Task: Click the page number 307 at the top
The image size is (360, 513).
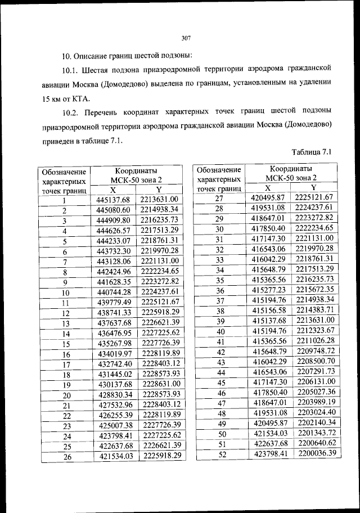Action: pos(187,38)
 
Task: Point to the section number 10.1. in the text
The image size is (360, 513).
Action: pos(71,68)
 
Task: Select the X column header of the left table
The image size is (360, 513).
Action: pos(113,190)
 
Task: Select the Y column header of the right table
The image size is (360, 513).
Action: pos(313,187)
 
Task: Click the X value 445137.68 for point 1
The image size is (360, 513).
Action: pos(113,200)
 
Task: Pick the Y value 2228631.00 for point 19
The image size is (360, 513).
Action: pos(160,385)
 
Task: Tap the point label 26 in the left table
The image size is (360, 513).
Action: pos(65,457)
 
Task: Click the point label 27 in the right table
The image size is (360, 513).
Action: pos(220,197)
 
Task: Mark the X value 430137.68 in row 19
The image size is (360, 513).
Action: pos(114,385)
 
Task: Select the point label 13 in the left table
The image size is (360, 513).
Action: pos(65,323)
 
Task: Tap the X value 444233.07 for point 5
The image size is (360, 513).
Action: pos(113,241)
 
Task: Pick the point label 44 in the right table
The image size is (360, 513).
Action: pos(220,372)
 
